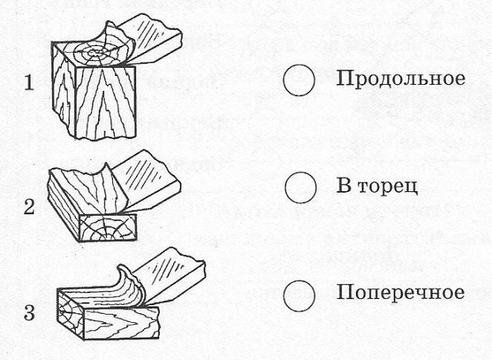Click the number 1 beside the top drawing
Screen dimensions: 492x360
pyautogui.click(x=29, y=83)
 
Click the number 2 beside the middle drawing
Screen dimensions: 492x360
pyautogui.click(x=29, y=207)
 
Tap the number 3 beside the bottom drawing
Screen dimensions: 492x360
pyautogui.click(x=29, y=312)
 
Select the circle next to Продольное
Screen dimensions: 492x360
pyautogui.click(x=299, y=80)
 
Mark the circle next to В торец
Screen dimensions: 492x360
pyautogui.click(x=300, y=187)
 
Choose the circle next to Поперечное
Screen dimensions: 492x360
pyautogui.click(x=299, y=295)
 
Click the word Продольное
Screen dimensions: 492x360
pyautogui.click(x=401, y=79)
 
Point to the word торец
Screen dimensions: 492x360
pyautogui.click(x=388, y=187)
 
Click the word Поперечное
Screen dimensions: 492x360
pyautogui.click(x=401, y=293)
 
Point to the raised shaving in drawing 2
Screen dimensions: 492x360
pyautogui.click(x=103, y=192)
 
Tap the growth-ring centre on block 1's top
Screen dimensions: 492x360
pyautogui.click(x=94, y=54)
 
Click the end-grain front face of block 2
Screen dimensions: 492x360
pyautogui.click(x=108, y=228)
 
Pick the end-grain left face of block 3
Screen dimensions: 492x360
pyautogui.click(x=71, y=314)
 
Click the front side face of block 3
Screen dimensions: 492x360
pyautogui.click(x=122, y=323)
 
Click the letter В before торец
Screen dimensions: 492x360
pyautogui.click(x=343, y=186)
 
